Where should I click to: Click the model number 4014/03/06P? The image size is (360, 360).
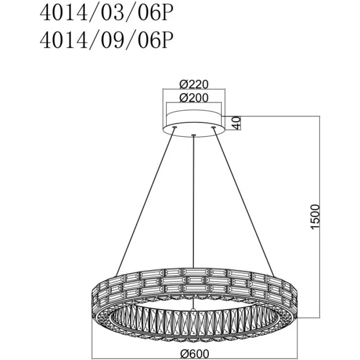click(x=106, y=13)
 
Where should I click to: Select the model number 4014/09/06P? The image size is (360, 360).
click(x=106, y=40)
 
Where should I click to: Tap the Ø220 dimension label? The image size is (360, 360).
click(x=194, y=84)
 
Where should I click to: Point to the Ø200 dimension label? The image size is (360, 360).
click(x=194, y=98)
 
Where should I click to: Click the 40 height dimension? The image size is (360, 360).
click(x=237, y=123)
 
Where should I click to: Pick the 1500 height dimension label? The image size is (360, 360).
click(x=315, y=216)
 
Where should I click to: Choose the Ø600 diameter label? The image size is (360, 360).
click(x=195, y=354)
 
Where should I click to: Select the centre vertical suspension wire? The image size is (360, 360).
click(x=194, y=201)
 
